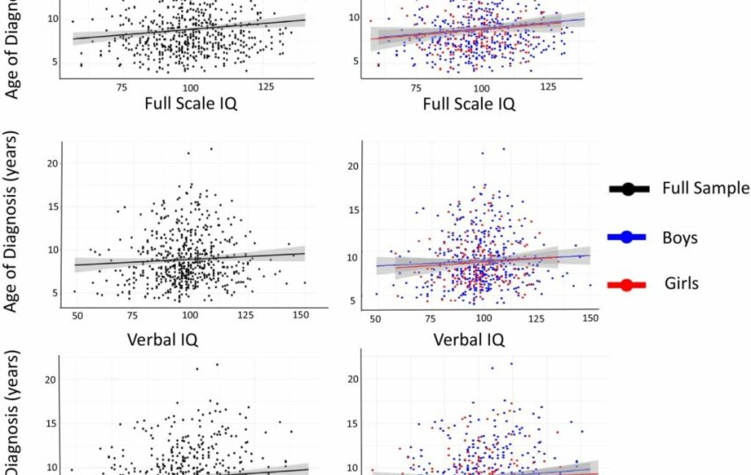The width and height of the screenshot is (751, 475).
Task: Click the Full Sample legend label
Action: pyautogui.click(x=705, y=188)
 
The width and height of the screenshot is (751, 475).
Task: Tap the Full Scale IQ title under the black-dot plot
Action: pyautogui.click(x=193, y=104)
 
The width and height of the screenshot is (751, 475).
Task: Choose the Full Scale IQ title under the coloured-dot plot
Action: pyautogui.click(x=469, y=104)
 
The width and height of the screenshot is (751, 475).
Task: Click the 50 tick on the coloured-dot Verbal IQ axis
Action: pyautogui.click(x=375, y=318)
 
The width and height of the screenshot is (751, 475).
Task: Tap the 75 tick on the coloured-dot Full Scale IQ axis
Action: pyautogui.click(x=415, y=87)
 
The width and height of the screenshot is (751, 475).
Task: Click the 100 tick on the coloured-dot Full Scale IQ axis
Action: pyautogui.click(x=482, y=87)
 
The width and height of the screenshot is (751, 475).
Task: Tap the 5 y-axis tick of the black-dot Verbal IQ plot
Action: pyautogui.click(x=53, y=292)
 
